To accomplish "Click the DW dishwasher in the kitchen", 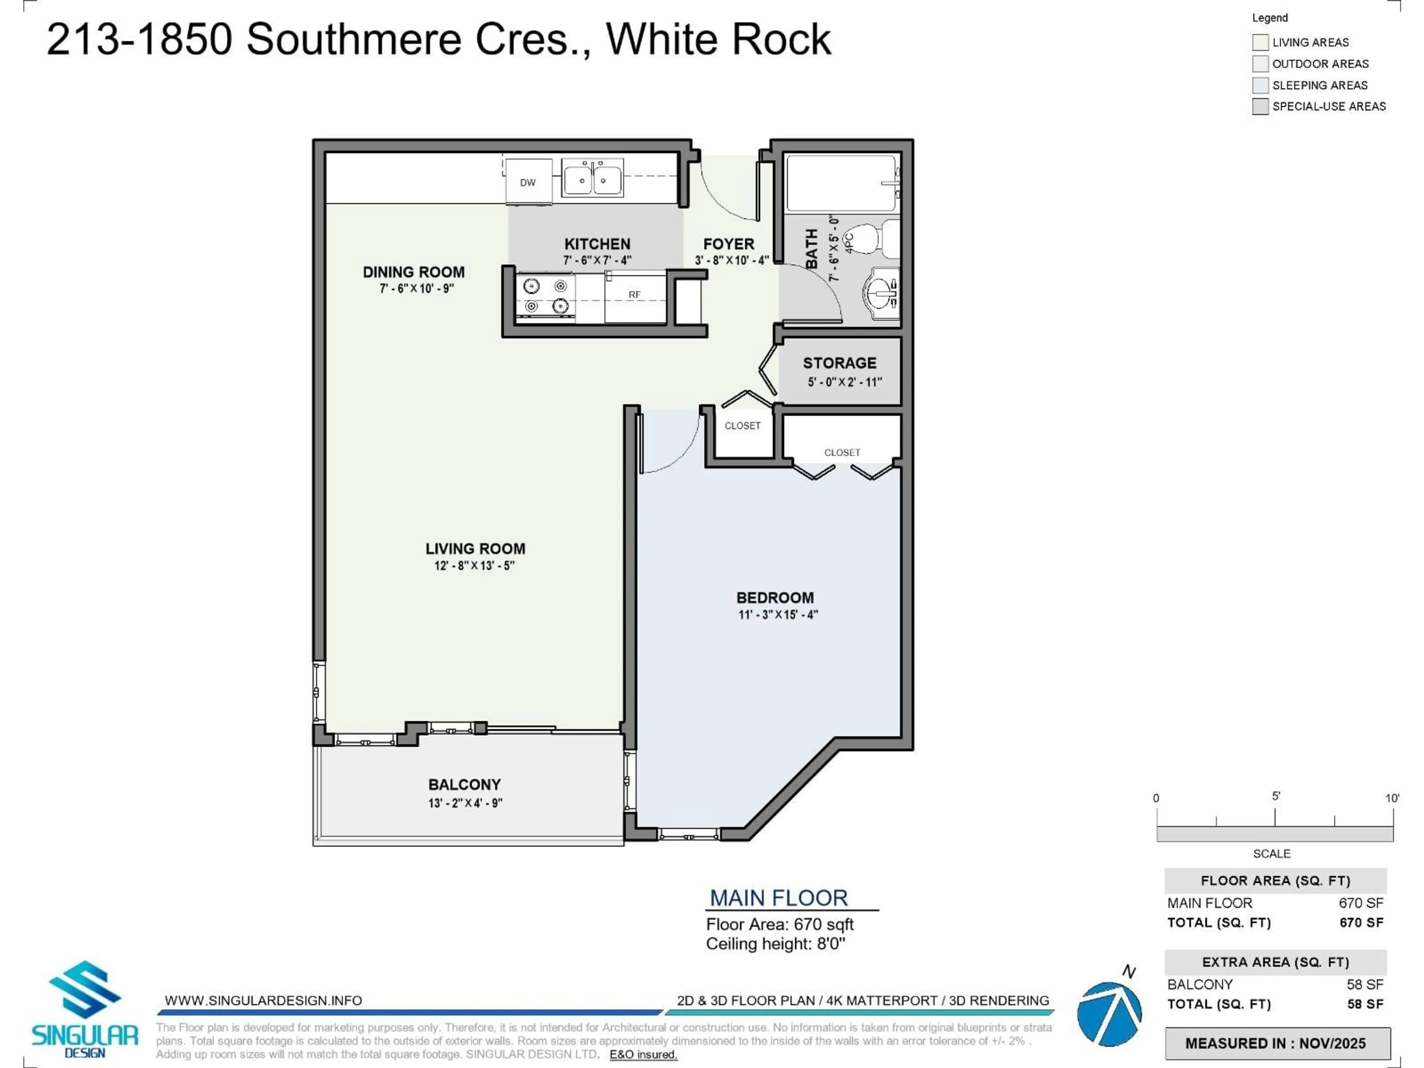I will coord(528,182).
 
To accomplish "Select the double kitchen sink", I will coord(592,178).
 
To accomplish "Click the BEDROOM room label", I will coord(775,597).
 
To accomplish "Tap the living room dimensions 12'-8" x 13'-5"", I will coord(474,565).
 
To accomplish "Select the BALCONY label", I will coord(464,784).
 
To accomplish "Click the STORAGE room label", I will coord(840,363).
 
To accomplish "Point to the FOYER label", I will coord(728,244).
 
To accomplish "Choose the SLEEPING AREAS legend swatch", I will coord(1260,85).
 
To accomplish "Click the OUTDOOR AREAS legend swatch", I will coord(1260,64).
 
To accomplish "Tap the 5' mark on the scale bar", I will coord(1275,816).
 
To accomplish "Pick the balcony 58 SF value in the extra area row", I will coord(1365,984).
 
